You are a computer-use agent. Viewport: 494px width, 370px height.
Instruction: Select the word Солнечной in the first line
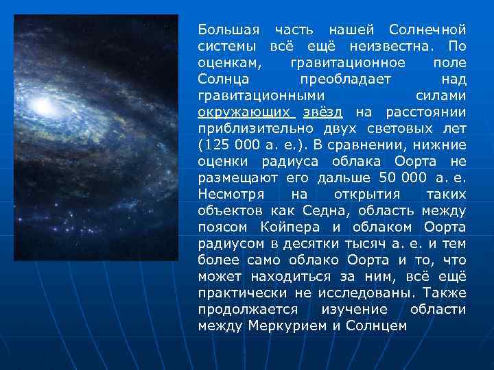[x=427, y=30]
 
